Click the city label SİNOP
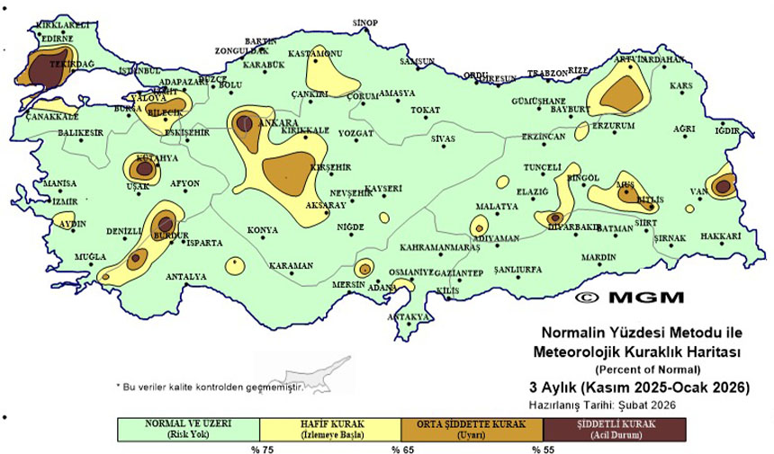pos(364,22)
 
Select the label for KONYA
pos(263,230)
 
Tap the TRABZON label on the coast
pos(548,73)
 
